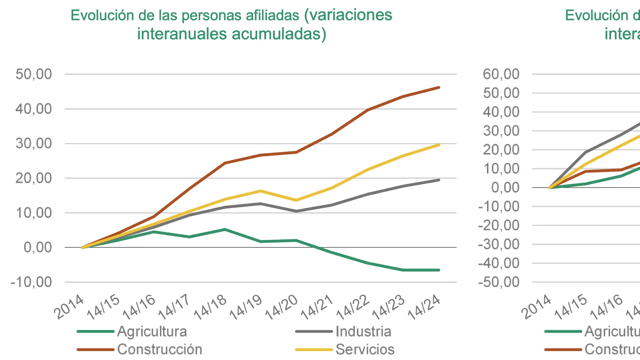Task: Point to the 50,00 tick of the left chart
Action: (34, 74)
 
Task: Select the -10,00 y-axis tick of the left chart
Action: (31, 282)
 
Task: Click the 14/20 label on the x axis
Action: (281, 307)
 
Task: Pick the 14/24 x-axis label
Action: (424, 307)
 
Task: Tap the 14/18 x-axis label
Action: (210, 307)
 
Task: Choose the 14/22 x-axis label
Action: (352, 307)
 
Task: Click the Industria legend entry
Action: (363, 331)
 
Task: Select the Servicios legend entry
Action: (365, 349)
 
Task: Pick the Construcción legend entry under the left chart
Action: (160, 349)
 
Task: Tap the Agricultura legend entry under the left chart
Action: (152, 331)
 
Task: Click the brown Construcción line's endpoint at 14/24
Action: (439, 88)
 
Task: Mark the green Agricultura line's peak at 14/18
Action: (225, 229)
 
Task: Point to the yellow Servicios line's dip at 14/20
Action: (296, 200)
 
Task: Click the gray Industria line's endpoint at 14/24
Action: (439, 180)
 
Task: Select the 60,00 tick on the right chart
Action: (501, 74)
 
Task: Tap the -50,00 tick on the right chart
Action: (499, 282)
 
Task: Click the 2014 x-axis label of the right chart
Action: (536, 307)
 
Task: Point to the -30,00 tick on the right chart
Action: (499, 244)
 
